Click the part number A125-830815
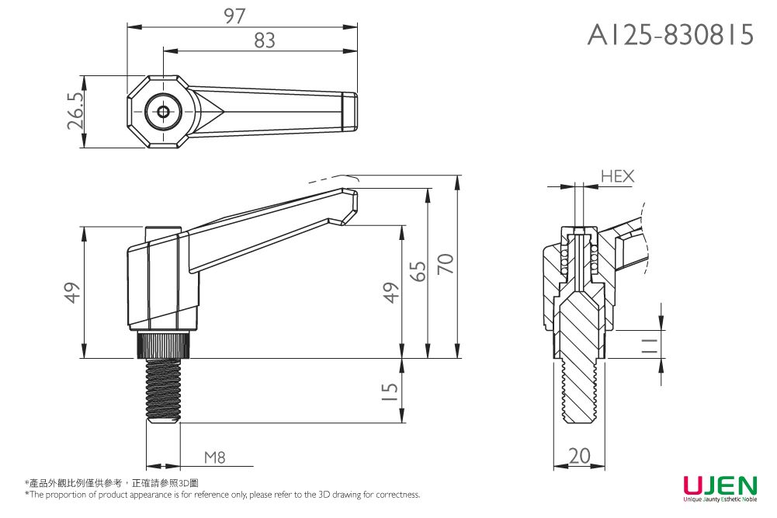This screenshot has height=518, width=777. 671,34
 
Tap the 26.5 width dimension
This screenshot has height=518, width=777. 75,111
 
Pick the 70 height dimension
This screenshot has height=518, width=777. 446,264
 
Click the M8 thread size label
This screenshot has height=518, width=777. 215,457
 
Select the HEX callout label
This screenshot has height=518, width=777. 617,177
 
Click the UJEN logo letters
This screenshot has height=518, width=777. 720,486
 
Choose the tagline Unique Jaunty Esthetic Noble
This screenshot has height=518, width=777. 720,500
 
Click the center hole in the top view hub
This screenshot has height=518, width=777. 163,112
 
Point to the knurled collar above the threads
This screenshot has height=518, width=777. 163,344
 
